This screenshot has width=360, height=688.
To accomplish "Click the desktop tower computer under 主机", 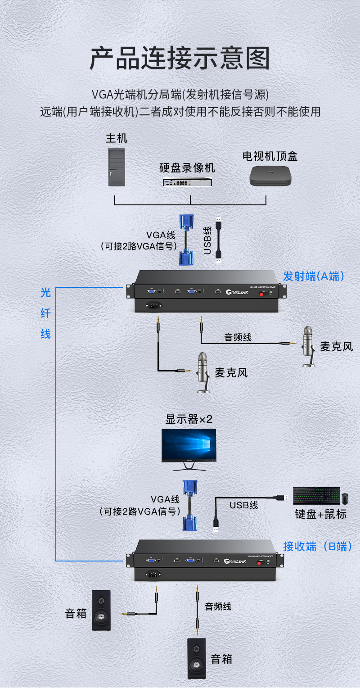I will pos(116,167).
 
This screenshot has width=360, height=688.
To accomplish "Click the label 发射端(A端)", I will pos(314,276).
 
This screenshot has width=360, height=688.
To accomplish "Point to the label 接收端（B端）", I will pos(317,546).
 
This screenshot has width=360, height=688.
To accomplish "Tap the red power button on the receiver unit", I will pos(259,563).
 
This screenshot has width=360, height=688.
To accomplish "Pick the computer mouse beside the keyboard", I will pos(345,498).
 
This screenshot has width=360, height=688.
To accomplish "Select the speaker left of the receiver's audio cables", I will pos(101,610).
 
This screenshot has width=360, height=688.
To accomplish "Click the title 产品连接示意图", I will pos(180,59).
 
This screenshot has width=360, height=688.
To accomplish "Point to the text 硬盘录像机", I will pos(187,168).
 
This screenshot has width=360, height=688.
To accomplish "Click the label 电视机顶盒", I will pos(270,156).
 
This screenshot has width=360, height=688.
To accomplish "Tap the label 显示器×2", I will pos(189,419).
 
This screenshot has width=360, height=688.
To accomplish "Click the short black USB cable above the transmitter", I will pos(219,240).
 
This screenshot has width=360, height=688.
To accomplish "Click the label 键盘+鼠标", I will pos(321,514).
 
